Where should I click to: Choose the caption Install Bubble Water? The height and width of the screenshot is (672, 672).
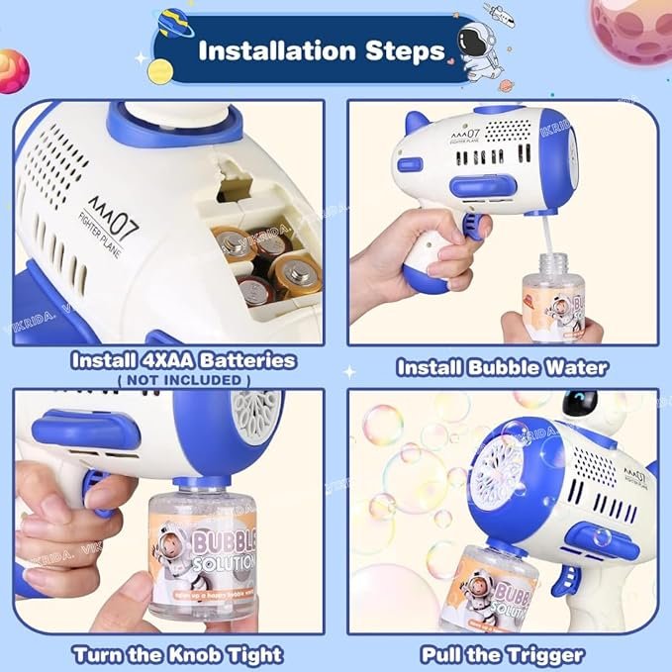point(502,368)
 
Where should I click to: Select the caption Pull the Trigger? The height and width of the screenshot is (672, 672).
point(502,654)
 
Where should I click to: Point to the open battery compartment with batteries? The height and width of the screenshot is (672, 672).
point(262,262)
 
